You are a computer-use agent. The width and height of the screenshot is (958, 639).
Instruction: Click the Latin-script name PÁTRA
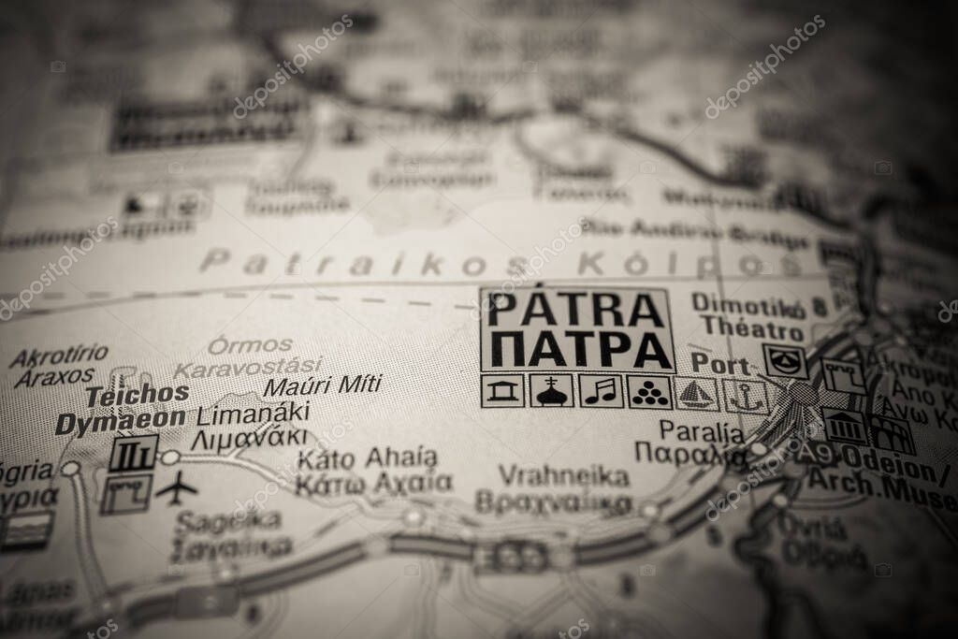(x=576, y=310)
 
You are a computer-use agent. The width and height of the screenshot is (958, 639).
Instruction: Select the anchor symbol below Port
(x=746, y=396)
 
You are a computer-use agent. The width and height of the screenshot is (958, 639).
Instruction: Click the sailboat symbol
(x=696, y=394)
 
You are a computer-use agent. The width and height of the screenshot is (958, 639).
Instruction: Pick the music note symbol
(x=601, y=391)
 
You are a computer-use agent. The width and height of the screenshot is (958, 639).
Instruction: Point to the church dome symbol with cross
(x=552, y=391)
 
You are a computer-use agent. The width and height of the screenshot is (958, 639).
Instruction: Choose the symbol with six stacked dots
(x=649, y=391)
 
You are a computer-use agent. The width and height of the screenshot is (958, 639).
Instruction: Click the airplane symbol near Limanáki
(x=176, y=487)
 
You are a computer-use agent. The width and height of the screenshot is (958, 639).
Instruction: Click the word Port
(x=720, y=364)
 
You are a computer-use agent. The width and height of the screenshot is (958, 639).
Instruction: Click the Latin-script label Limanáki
(x=253, y=413)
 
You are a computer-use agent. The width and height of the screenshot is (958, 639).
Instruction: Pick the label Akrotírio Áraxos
(x=58, y=366)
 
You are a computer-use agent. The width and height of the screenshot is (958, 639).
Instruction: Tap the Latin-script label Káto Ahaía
(x=367, y=458)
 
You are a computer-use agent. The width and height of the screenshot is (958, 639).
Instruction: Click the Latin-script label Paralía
(x=702, y=431)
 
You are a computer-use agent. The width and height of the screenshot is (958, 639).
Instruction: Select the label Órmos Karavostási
(x=249, y=356)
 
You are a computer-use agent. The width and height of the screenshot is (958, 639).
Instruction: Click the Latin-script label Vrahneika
(x=563, y=475)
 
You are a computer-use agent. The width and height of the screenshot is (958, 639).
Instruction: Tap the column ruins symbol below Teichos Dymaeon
(x=133, y=453)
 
